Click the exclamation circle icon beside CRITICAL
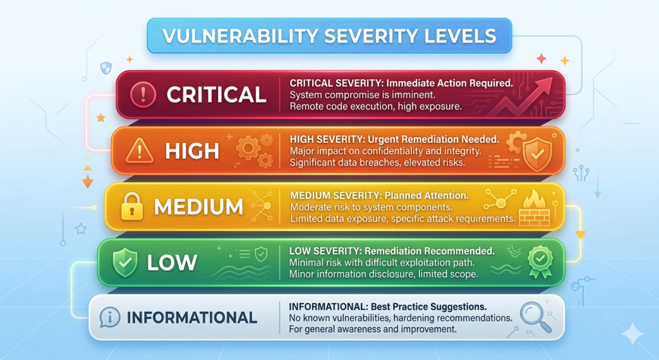(143, 94)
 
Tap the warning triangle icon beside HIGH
(139, 151)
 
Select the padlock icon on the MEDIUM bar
(131, 206)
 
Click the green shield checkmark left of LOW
(125, 262)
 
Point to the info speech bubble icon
(109, 317)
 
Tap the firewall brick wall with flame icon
(535, 208)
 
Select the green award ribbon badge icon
(540, 261)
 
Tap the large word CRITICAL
(216, 95)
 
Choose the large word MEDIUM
(198, 207)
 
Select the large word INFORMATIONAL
(192, 317)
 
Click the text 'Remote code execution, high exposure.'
(375, 106)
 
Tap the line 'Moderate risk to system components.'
(371, 207)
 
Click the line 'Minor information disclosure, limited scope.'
(384, 274)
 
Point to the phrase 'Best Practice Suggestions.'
(429, 307)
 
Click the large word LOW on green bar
(172, 263)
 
